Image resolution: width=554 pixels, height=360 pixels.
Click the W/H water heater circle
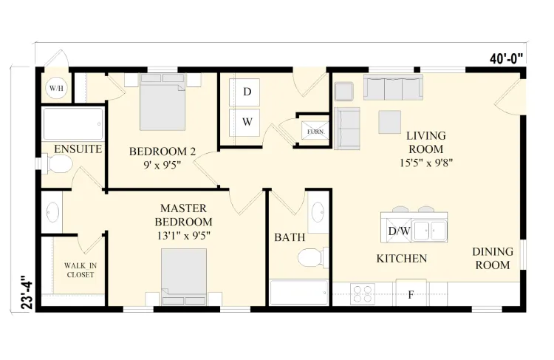coord(56,89)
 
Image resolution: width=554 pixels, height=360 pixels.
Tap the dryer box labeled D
coord(247,92)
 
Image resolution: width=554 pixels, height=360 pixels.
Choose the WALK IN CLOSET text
coord(79,270)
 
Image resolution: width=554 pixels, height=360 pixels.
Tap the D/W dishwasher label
coord(399,231)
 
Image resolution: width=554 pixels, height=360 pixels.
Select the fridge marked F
coord(411,294)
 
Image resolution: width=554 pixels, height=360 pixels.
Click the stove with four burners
coord(364,293)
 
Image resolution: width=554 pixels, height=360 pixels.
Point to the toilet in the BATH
coord(311,259)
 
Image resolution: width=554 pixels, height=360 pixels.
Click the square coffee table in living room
coord(390,120)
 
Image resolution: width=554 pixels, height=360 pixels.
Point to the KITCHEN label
coord(402,259)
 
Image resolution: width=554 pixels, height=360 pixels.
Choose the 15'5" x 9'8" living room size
coord(425,162)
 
